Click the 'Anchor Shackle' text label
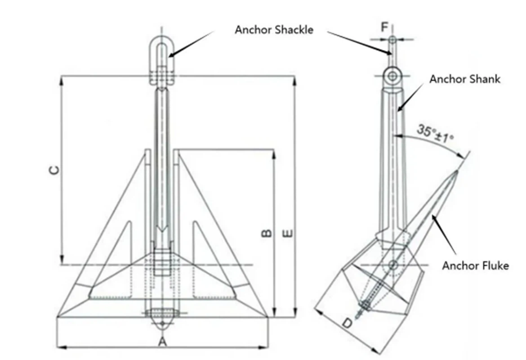click(x=274, y=30)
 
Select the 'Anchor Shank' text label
click(x=464, y=79)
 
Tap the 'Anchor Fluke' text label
click(x=475, y=265)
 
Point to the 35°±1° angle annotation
click(x=435, y=133)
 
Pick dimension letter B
click(x=266, y=233)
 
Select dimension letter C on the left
click(x=53, y=170)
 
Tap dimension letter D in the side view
click(x=347, y=324)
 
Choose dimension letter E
click(x=288, y=233)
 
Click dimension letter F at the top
click(x=384, y=27)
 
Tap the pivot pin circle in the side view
click(x=393, y=264)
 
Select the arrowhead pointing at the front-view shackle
click(x=171, y=55)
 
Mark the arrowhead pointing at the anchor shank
click(x=398, y=109)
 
